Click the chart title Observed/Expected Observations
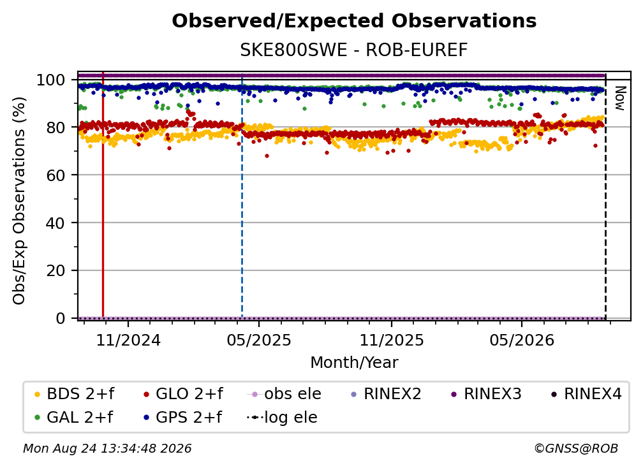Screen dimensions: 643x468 click(x=354, y=21)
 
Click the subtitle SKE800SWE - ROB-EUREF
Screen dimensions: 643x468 click(x=354, y=50)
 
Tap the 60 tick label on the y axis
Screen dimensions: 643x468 click(x=55, y=175)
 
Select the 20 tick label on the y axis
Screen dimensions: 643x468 click(x=55, y=271)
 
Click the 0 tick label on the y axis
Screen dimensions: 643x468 click(x=60, y=318)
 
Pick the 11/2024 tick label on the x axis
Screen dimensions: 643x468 click(x=128, y=340)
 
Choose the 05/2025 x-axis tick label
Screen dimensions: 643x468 click(x=259, y=340)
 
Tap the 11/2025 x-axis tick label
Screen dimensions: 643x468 click(x=392, y=340)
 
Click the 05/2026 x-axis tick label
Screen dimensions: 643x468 click(x=522, y=340)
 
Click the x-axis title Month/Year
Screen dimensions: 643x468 click(x=354, y=363)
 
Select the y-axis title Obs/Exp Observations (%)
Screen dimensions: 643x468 click(x=19, y=201)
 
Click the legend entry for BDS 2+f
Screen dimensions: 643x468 click(x=74, y=394)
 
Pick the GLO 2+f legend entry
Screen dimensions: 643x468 click(x=183, y=394)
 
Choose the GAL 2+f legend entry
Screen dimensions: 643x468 click(x=73, y=418)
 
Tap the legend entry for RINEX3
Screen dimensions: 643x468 click(x=486, y=394)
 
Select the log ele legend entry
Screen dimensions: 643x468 click(x=282, y=418)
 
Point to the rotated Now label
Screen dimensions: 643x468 click(x=620, y=98)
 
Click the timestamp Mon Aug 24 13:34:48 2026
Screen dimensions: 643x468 click(x=107, y=449)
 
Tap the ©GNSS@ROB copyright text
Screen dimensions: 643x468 click(x=576, y=449)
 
